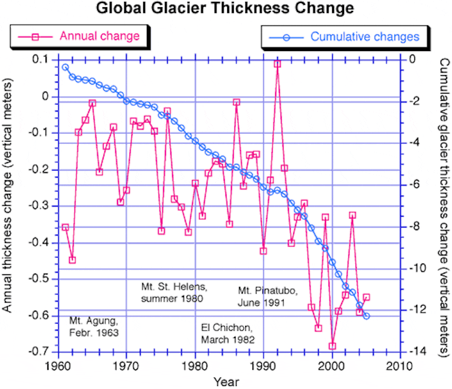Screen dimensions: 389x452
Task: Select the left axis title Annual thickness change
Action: click(8, 204)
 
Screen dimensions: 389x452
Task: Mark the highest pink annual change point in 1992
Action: click(277, 64)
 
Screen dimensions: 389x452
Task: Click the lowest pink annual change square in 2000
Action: click(332, 346)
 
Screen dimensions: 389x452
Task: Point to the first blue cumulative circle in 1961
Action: click(65, 67)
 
